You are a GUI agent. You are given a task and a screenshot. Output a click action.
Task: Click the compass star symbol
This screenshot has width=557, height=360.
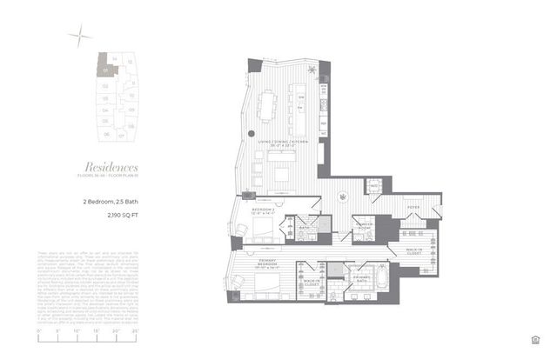[x=82, y=35]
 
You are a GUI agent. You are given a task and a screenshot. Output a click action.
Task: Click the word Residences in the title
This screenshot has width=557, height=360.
[x=111, y=166]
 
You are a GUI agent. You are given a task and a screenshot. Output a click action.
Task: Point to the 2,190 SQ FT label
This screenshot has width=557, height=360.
[x=100, y=213]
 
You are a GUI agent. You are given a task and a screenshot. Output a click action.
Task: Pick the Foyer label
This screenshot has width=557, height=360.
[x=414, y=209]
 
